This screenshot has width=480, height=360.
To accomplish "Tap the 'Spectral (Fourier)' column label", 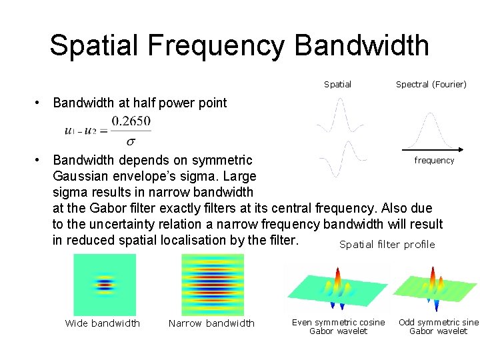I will [x=431, y=85].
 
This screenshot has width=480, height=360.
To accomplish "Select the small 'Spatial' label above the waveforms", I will [x=337, y=85].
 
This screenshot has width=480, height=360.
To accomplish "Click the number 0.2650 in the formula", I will [x=131, y=121].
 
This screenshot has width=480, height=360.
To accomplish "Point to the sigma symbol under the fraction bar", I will [x=131, y=141].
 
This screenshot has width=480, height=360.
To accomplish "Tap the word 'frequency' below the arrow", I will [x=434, y=161].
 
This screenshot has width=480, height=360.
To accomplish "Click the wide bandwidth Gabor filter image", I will [x=104, y=285].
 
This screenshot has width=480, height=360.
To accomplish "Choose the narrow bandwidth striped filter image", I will [x=212, y=285].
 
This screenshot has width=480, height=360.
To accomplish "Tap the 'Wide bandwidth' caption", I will [x=103, y=323].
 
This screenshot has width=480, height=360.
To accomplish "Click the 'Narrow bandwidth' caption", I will [x=211, y=323].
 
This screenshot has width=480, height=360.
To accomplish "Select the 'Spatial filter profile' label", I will [x=387, y=245].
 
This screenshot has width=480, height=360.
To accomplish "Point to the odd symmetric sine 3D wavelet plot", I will [x=435, y=287].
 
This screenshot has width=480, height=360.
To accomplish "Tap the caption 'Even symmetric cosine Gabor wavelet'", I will [x=338, y=327].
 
